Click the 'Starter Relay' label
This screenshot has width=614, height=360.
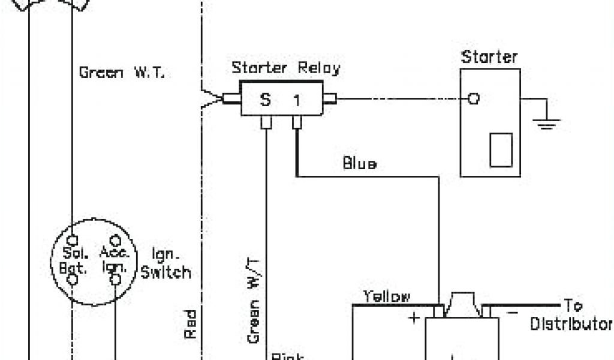285,68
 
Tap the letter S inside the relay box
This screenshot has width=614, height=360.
265,100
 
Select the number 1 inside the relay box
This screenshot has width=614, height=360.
296,100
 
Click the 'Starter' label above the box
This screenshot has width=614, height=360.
489,58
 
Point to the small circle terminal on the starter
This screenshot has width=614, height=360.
474,99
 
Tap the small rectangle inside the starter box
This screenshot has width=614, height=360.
501,150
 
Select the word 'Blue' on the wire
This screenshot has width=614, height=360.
360,163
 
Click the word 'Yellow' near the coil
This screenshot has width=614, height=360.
387,296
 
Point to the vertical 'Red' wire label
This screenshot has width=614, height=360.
191,324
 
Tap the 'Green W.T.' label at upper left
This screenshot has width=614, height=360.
125,73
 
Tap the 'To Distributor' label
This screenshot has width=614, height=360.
570,315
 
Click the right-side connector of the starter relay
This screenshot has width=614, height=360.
329,99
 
